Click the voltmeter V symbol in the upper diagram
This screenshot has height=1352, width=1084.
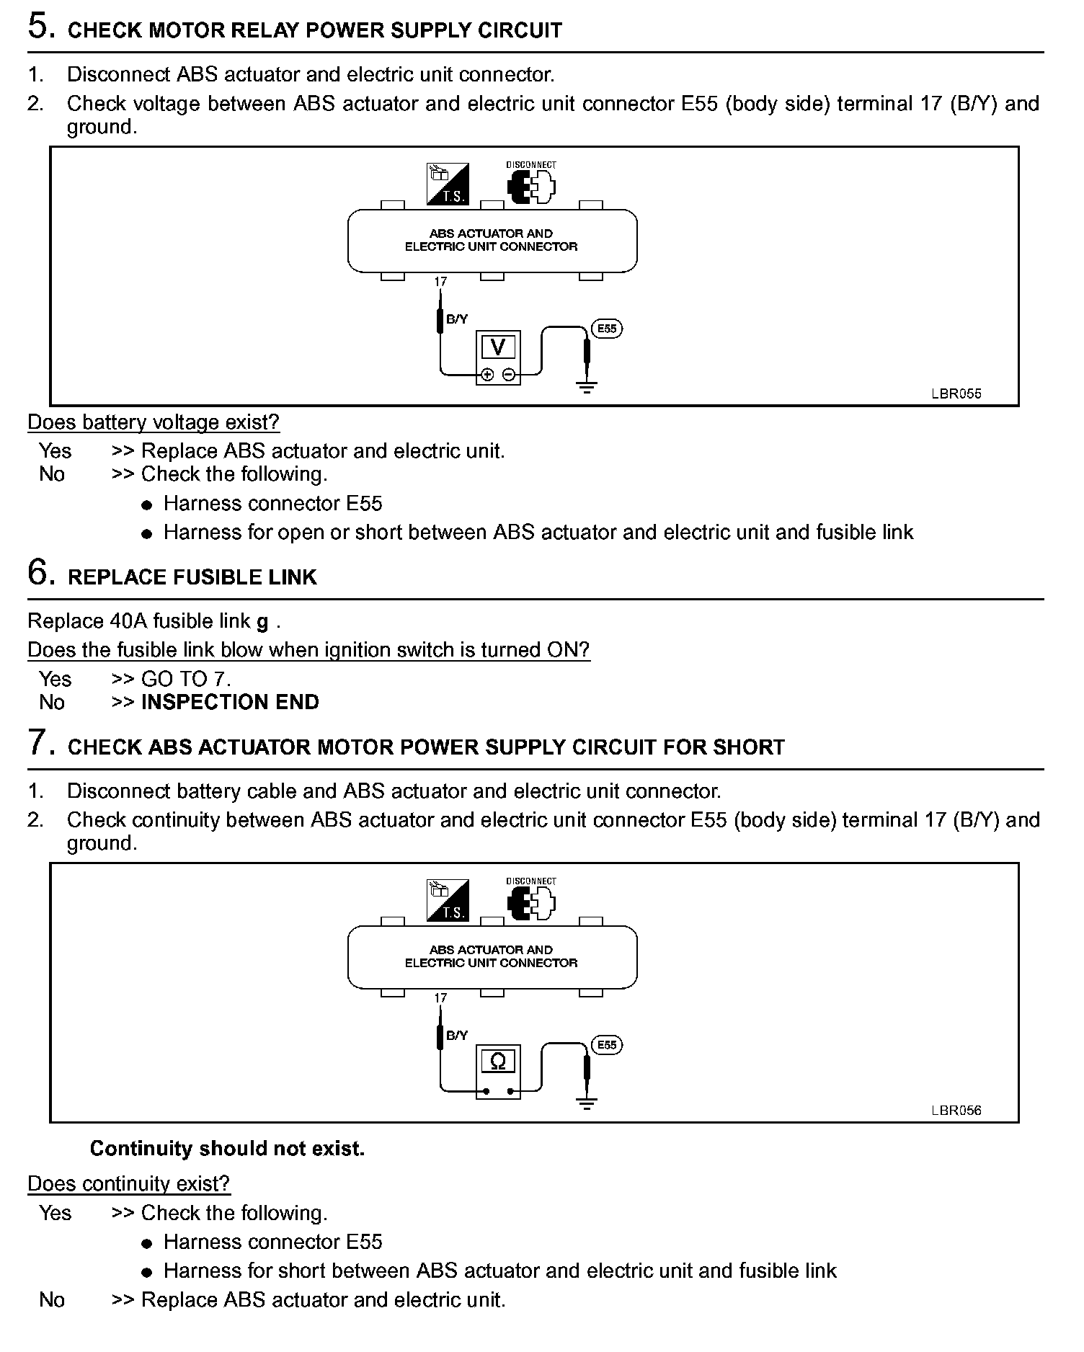pyautogui.click(x=497, y=347)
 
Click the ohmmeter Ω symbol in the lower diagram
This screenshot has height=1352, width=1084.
pyautogui.click(x=497, y=1062)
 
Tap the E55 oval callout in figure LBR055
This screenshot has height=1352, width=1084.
pyautogui.click(x=607, y=329)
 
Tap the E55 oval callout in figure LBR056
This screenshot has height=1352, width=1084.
pyautogui.click(x=607, y=1045)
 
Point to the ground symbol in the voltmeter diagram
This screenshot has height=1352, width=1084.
pyautogui.click(x=587, y=388)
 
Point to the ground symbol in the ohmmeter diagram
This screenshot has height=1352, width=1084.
pyautogui.click(x=587, y=1104)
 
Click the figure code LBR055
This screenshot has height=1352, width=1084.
pyautogui.click(x=956, y=394)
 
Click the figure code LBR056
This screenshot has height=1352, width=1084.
pyautogui.click(x=956, y=1111)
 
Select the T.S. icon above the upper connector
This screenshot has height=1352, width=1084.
pyautogui.click(x=448, y=184)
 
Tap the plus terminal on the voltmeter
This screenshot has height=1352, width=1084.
pyautogui.click(x=487, y=375)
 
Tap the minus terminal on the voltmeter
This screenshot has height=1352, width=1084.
pyautogui.click(x=509, y=375)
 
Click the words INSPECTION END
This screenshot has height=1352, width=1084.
pyautogui.click(x=230, y=702)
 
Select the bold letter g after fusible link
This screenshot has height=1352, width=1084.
pyautogui.click(x=262, y=622)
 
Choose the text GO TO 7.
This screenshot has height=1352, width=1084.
pyautogui.click(x=186, y=679)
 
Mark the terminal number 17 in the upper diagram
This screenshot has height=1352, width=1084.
pyautogui.click(x=440, y=282)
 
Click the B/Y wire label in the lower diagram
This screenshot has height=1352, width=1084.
pyautogui.click(x=457, y=1036)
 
